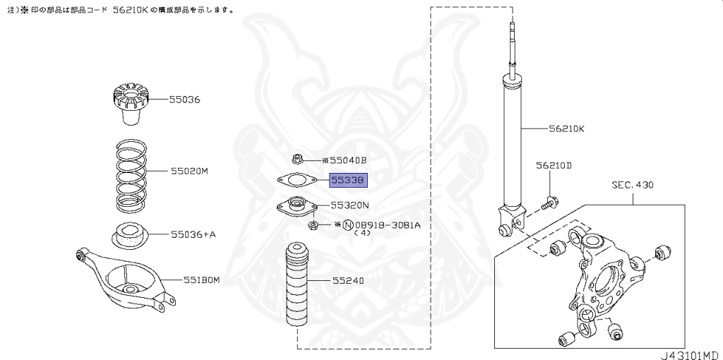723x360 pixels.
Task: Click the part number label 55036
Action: (184, 100)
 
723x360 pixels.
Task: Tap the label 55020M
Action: (189, 171)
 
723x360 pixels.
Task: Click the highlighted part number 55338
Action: (349, 181)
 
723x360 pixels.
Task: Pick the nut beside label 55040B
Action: (297, 160)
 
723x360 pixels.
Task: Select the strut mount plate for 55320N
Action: (296, 208)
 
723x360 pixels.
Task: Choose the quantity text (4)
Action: (362, 233)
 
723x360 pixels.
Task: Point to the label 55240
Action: (349, 280)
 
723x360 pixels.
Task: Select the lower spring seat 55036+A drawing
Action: (130, 234)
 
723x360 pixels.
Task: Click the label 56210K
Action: (567, 129)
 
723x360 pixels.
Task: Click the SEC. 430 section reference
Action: (633, 185)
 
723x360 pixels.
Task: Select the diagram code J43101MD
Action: (690, 354)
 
